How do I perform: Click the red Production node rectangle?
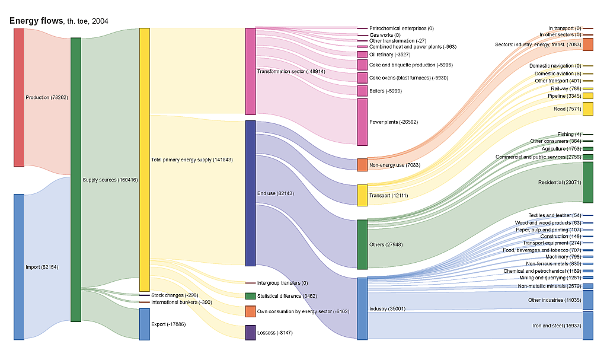[x=19, y=97]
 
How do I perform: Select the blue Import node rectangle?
[x=19, y=266]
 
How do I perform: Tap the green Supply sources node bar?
[x=76, y=180]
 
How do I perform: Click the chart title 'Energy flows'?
[x=36, y=21]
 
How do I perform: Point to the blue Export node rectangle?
[x=145, y=324]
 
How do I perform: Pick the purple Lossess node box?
[x=250, y=333]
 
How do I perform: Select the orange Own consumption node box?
[x=250, y=311]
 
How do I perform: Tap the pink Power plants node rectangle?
[x=362, y=122]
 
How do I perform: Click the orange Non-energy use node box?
[x=362, y=165]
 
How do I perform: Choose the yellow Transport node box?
[x=362, y=195]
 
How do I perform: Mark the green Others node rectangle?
[x=362, y=244]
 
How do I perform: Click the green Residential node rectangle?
[x=588, y=182]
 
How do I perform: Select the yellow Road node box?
[x=588, y=109]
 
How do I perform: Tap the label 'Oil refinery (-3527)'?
[x=389, y=55]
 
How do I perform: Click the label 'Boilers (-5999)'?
[x=386, y=91]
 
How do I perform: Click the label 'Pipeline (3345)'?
[x=564, y=95]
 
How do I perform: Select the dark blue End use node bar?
[x=250, y=193]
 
